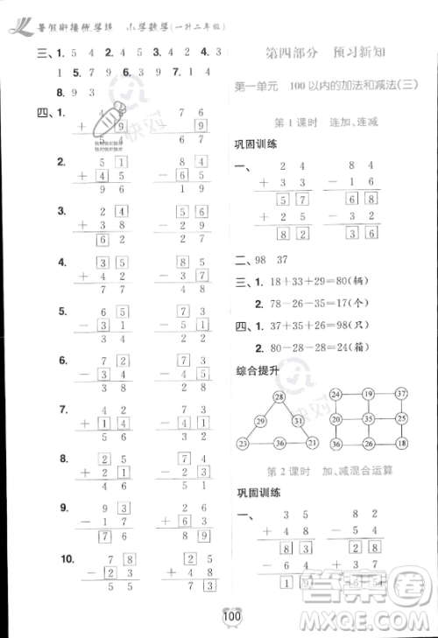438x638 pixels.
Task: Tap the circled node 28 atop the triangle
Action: [x=280, y=398]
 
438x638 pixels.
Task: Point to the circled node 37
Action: [x=401, y=394]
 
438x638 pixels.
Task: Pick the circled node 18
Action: [x=401, y=445]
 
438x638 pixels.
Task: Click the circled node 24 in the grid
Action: [x=335, y=394]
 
